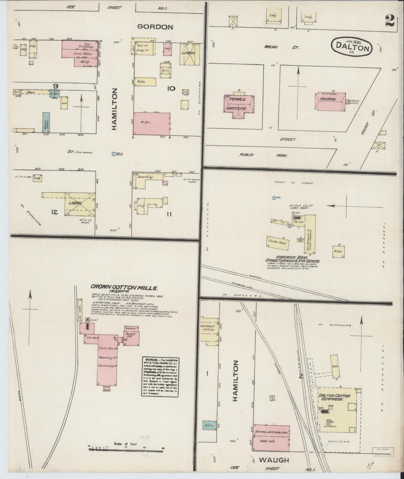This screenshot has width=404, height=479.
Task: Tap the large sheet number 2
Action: (x=390, y=21)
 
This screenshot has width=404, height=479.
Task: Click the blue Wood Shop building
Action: (x=46, y=122)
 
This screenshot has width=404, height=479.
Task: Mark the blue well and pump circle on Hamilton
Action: (x=114, y=154)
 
